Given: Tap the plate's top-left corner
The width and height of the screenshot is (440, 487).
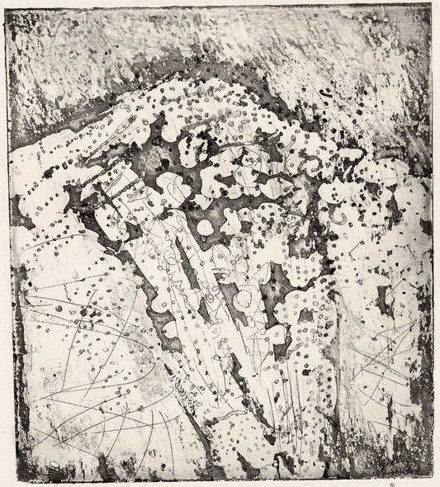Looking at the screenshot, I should coord(9,7).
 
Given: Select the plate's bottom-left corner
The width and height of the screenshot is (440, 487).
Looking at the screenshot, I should coord(12,478).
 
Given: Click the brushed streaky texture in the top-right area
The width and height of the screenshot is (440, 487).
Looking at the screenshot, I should coord(347,58).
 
